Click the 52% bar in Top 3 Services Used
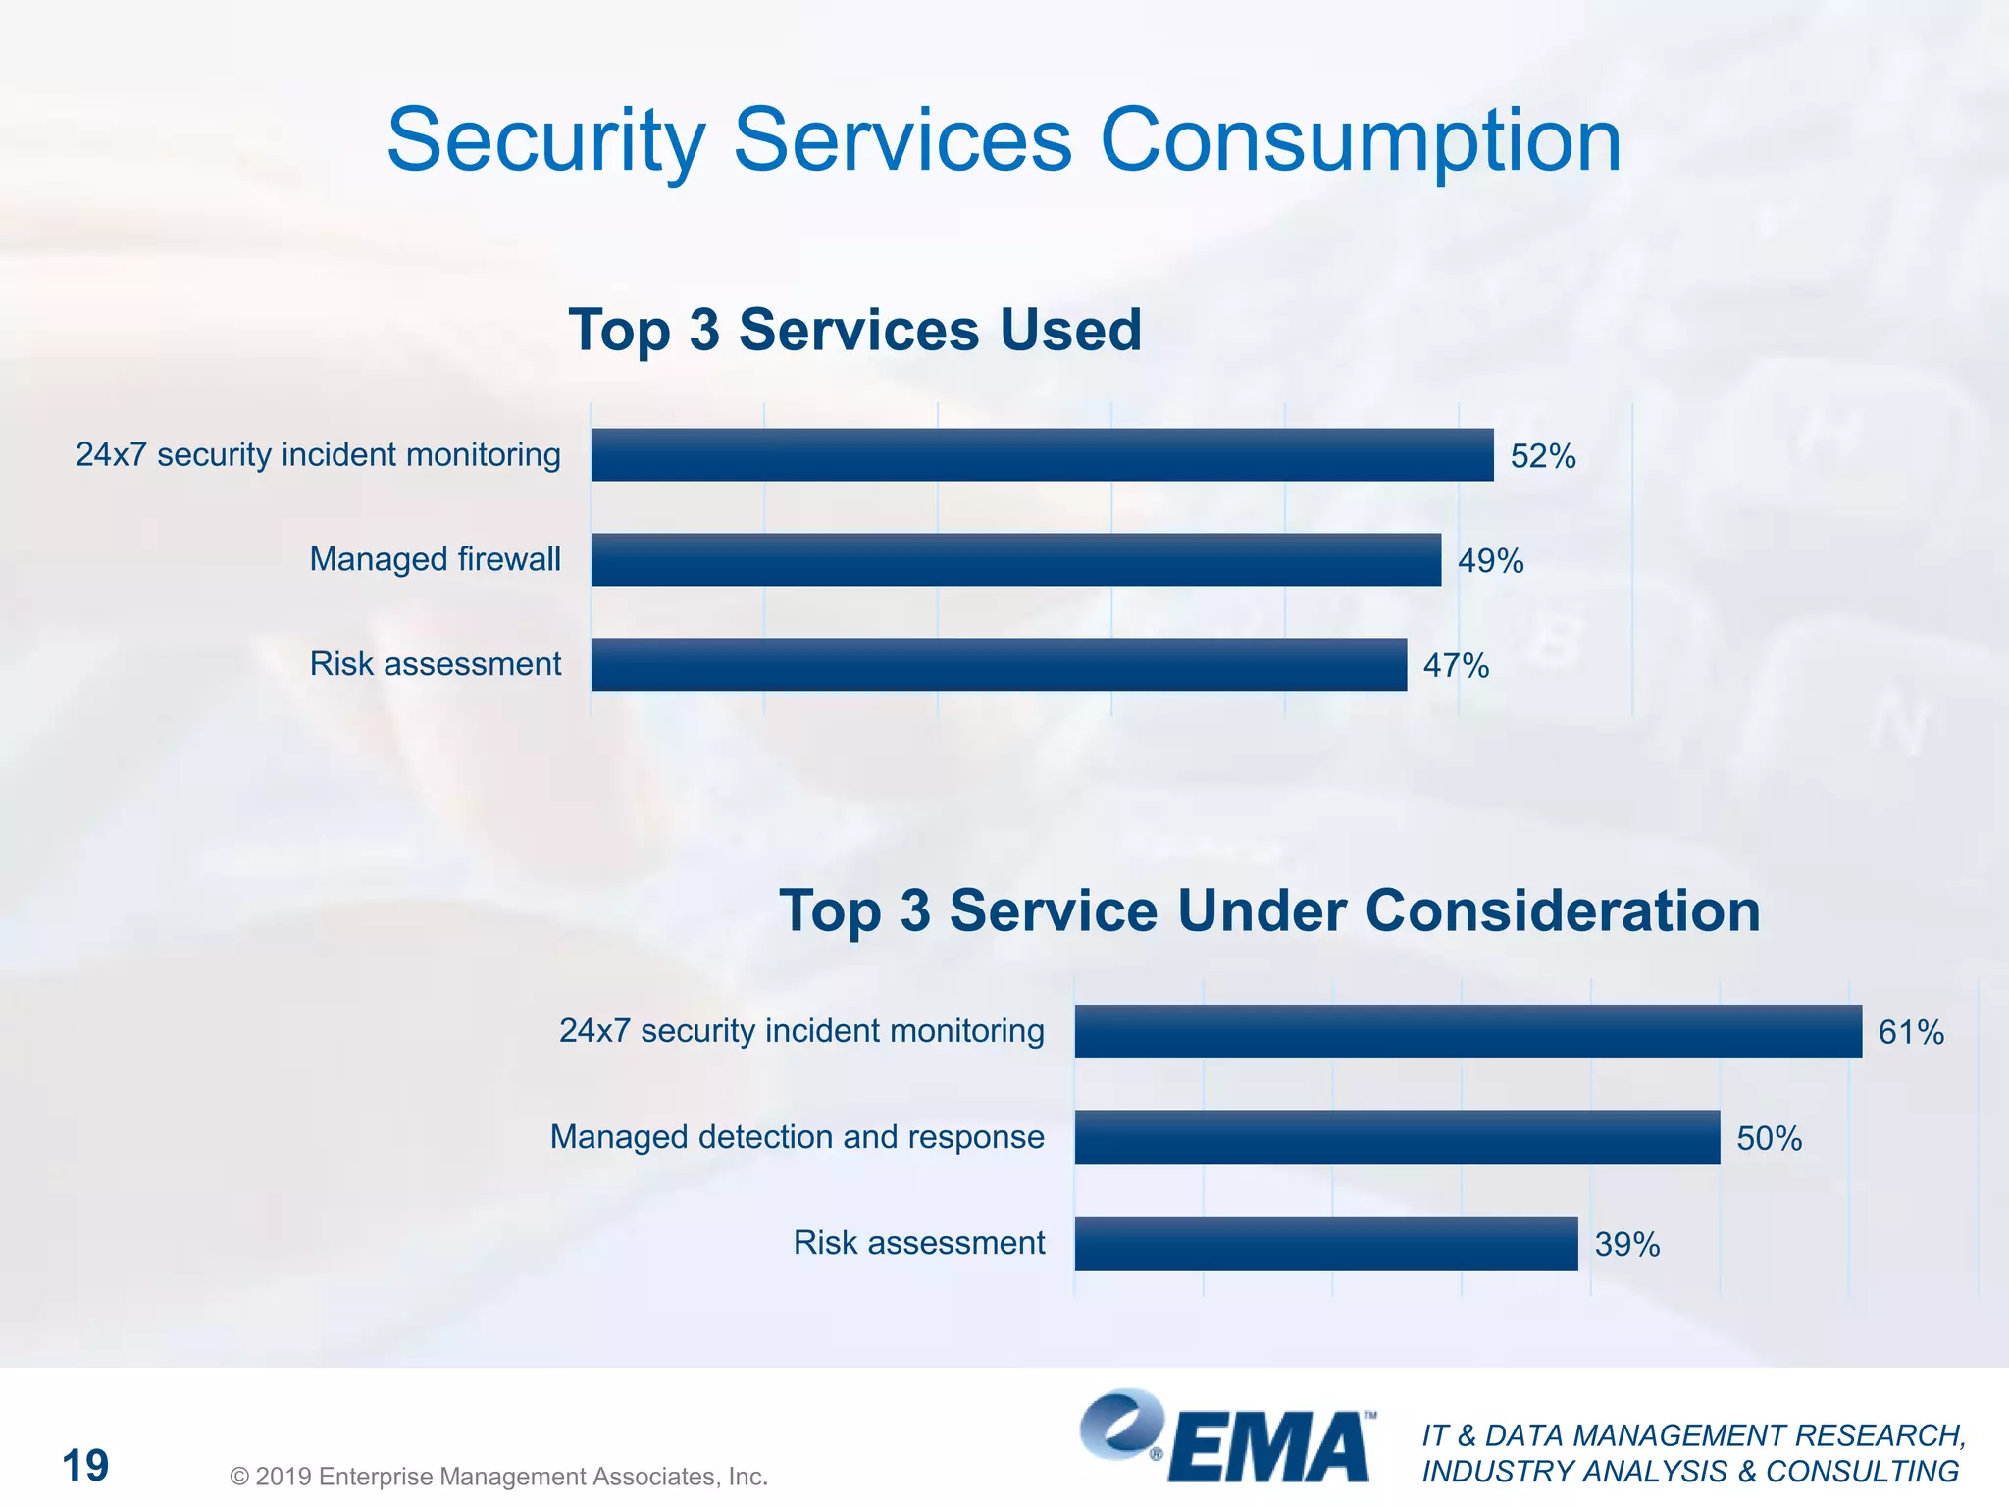[1042, 455]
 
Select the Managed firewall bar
[1015, 560]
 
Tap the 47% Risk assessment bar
[999, 665]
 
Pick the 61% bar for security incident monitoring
[1468, 1031]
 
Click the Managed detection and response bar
[1397, 1137]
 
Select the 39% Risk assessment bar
[1326, 1243]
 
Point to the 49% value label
[1490, 561]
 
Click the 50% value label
[1769, 1138]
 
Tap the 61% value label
[1910, 1032]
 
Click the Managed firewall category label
[435, 559]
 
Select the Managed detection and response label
[797, 1136]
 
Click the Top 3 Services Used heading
[854, 330]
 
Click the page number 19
[85, 1466]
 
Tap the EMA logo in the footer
[1226, 1437]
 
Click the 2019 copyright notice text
[498, 1477]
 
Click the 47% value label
[1456, 666]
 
